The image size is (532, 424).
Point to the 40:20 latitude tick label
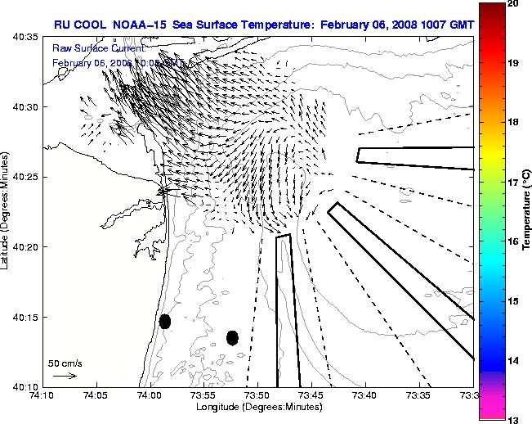[25, 247]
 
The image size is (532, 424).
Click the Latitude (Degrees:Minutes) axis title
[7, 211]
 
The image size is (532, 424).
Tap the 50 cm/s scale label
[65, 363]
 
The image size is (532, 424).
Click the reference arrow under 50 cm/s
[65, 376]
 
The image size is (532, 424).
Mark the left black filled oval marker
[165, 321]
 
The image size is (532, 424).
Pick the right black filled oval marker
[232, 337]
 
